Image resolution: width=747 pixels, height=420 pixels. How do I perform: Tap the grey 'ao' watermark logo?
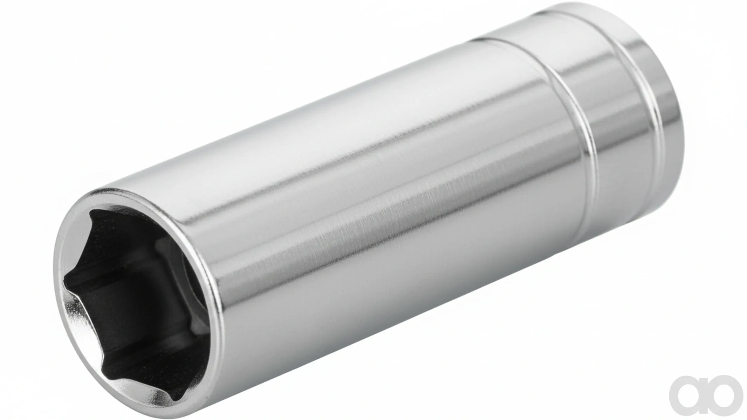706,395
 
